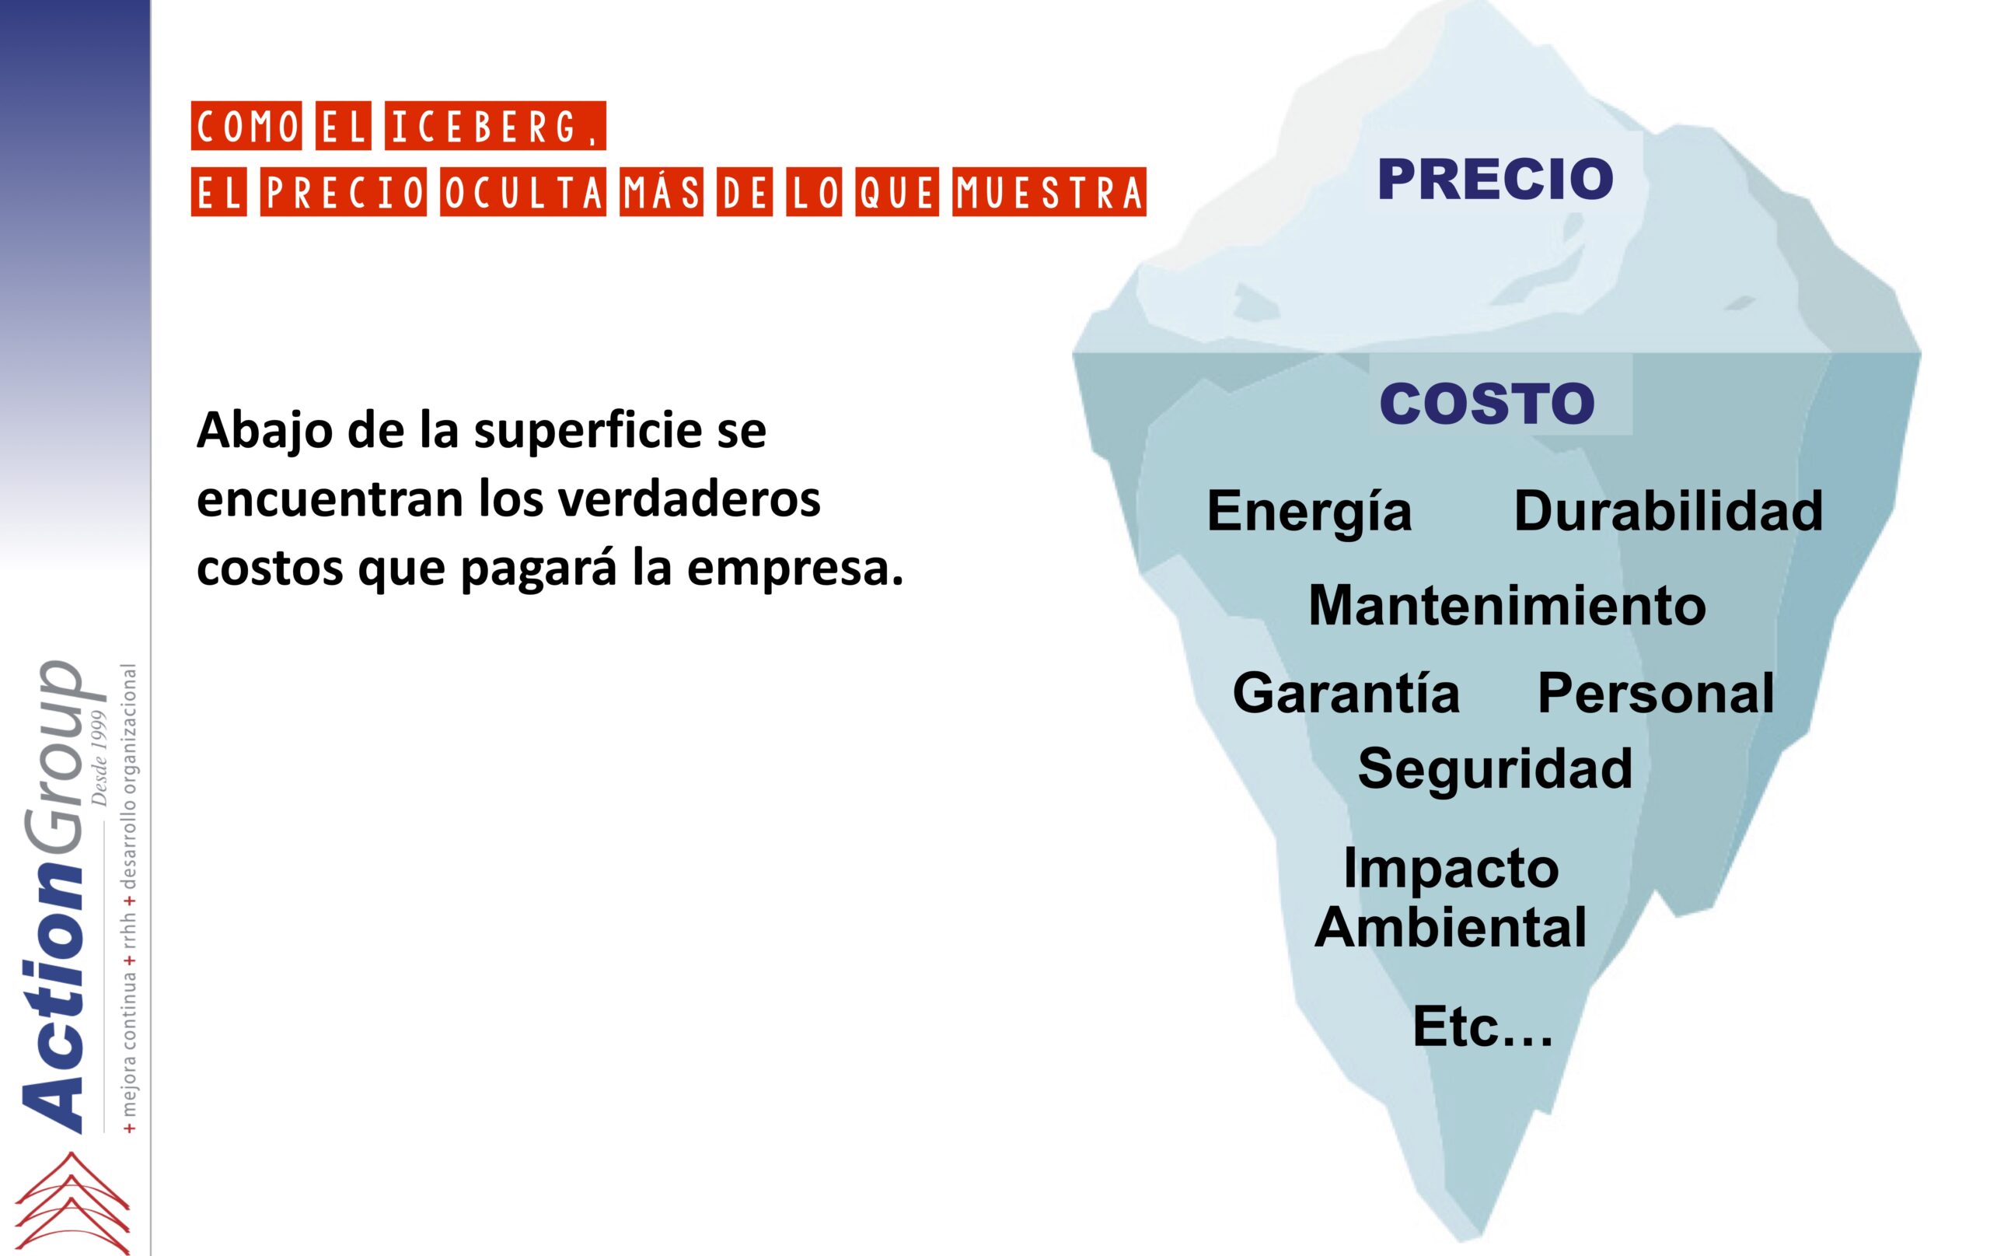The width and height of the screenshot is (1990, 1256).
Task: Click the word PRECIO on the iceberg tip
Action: [1495, 179]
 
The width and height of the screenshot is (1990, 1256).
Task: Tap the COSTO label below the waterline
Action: [1487, 403]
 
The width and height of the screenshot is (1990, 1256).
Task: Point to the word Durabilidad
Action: [1667, 510]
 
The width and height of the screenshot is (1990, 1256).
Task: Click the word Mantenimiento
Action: [1506, 605]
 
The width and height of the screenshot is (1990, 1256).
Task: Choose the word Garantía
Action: [1346, 692]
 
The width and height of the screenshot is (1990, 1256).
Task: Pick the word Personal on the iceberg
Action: [1655, 693]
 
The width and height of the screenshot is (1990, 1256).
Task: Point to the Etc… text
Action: [1482, 1026]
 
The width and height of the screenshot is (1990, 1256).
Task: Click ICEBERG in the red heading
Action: [495, 127]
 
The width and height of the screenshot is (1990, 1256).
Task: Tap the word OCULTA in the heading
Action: [522, 193]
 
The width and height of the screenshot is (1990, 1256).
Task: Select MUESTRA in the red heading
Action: [1049, 193]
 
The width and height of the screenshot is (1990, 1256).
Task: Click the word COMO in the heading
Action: [246, 127]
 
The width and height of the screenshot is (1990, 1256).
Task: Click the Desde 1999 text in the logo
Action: [100, 757]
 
